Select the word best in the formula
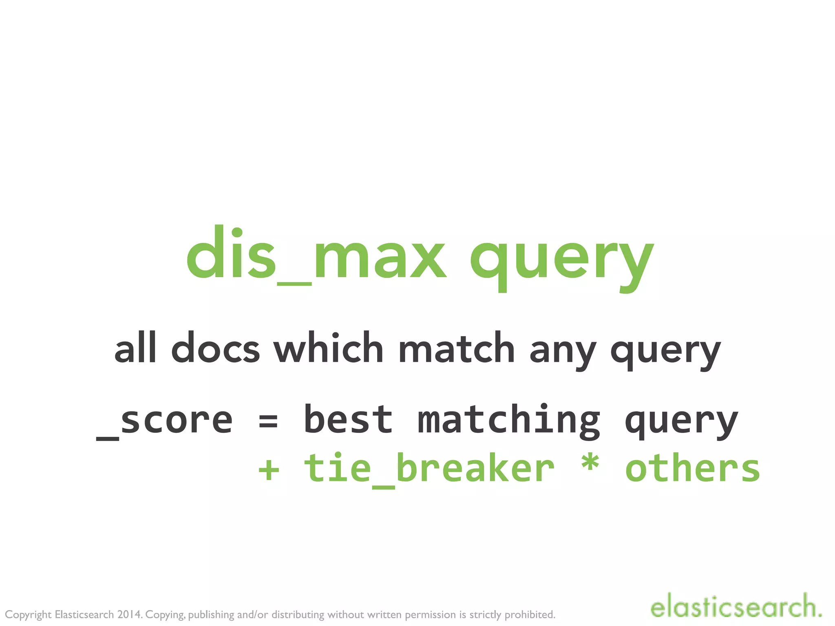click(348, 420)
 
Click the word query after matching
click(681, 423)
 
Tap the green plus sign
click(269, 470)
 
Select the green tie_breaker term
click(429, 469)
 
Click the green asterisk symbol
click(590, 465)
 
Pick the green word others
click(692, 469)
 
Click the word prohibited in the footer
click(530, 615)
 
